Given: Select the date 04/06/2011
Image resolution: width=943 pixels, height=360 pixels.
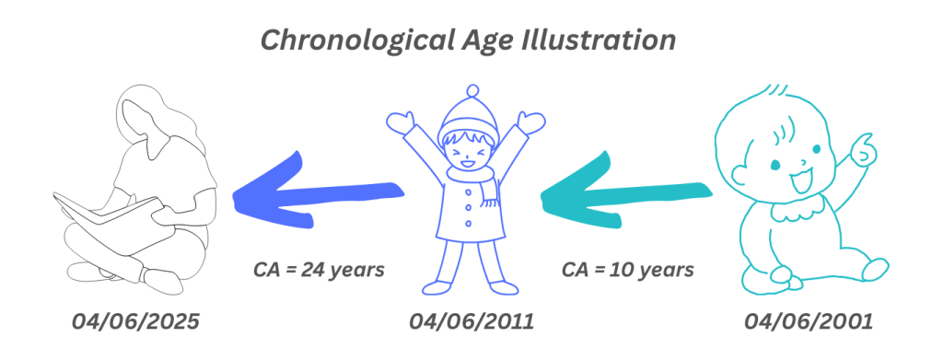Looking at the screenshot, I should tap(471, 323).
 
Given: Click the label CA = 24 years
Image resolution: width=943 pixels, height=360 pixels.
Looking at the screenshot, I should tap(318, 271).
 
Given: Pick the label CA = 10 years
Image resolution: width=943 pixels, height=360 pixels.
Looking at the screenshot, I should tap(627, 271).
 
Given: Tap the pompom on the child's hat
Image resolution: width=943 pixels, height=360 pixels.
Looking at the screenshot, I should tap(471, 92).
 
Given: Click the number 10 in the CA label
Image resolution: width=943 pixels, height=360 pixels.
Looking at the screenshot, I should tap(627, 271).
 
